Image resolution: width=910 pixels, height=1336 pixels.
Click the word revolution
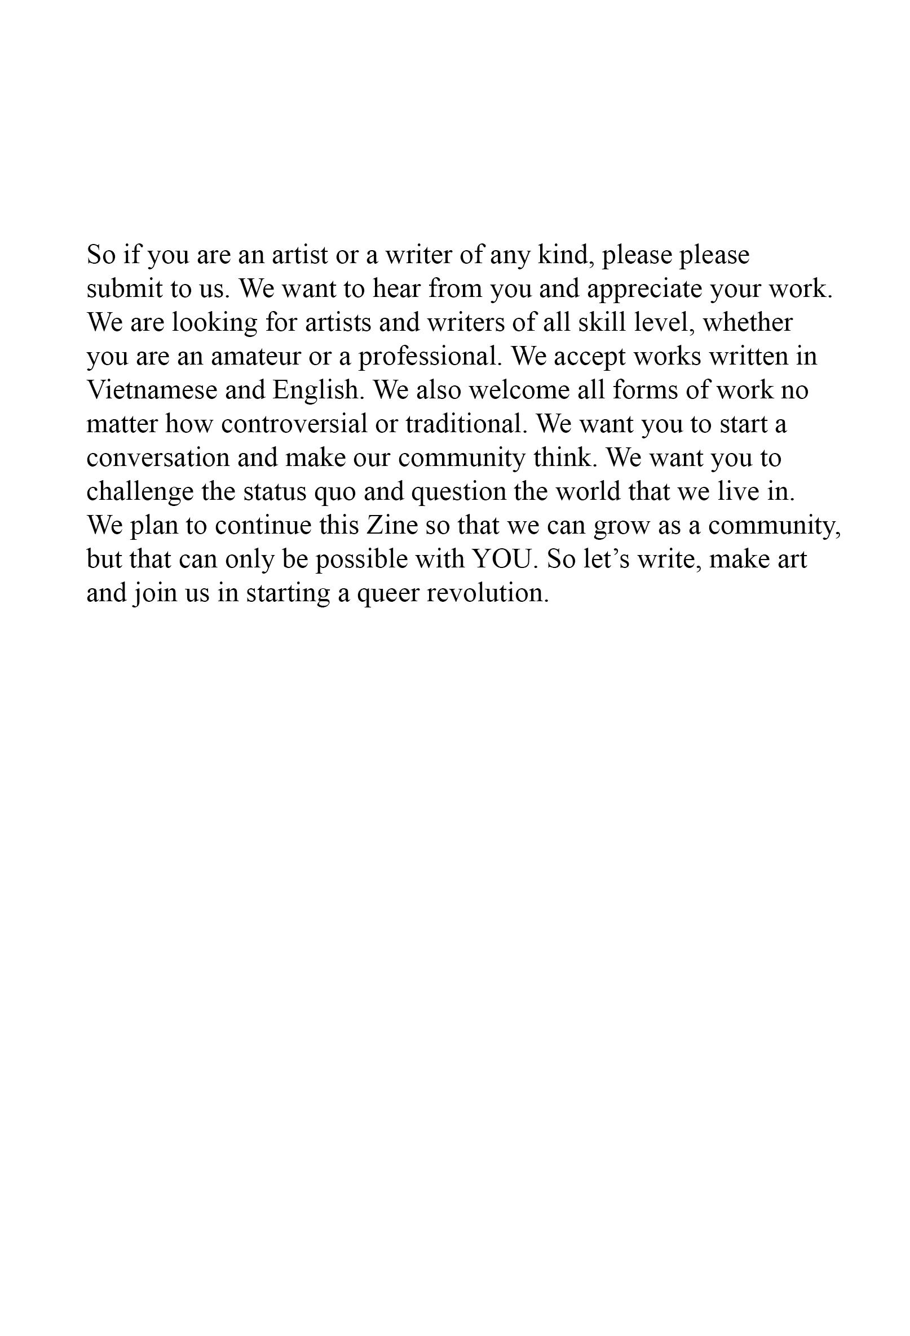pyautogui.click(x=488, y=593)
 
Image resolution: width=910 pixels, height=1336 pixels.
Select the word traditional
pyautogui.click(x=466, y=424)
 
